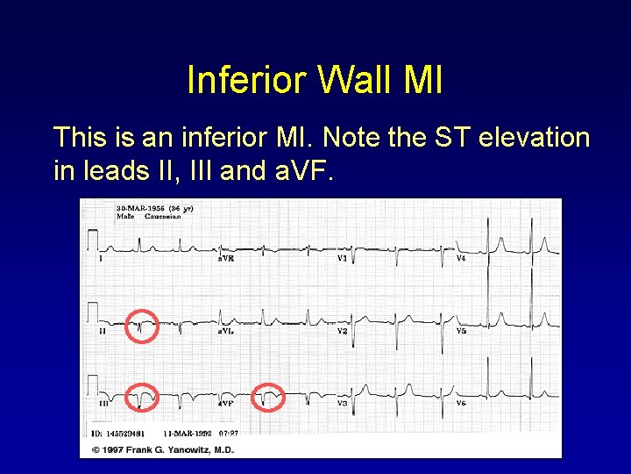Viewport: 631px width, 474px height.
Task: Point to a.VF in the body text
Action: [300, 170]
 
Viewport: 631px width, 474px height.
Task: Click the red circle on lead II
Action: [142, 325]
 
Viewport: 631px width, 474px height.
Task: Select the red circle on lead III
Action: [142, 398]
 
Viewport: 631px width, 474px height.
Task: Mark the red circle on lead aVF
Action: [268, 398]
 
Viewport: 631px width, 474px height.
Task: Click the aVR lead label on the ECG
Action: [225, 258]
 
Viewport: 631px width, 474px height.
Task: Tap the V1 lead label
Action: [343, 258]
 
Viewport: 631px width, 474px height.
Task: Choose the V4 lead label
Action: [461, 258]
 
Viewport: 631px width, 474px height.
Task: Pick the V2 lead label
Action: [344, 331]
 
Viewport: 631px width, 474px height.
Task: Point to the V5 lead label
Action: [461, 331]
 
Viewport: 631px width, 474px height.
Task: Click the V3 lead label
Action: [344, 403]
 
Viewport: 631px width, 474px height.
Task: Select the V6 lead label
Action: [461, 403]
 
